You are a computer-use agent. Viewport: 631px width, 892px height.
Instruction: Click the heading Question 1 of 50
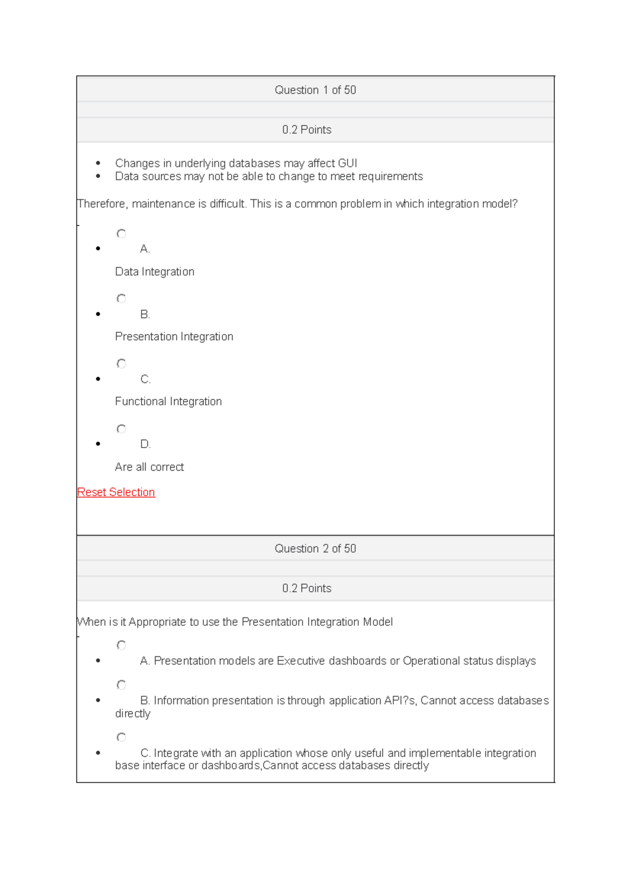pyautogui.click(x=315, y=90)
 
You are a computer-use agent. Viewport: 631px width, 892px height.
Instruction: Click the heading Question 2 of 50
pyautogui.click(x=315, y=549)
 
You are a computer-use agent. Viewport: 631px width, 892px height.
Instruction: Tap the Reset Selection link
pyautogui.click(x=116, y=492)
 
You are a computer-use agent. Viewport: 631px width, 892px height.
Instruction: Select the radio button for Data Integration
pyautogui.click(x=121, y=234)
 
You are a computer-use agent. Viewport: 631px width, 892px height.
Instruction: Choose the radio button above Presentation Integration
pyautogui.click(x=121, y=299)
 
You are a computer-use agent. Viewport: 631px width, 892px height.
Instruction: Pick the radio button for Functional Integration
pyautogui.click(x=121, y=363)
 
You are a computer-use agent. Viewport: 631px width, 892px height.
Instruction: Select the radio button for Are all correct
pyautogui.click(x=121, y=429)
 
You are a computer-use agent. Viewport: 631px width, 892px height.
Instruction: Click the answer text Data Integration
pyautogui.click(x=155, y=272)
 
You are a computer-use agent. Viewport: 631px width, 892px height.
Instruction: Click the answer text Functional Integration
pyautogui.click(x=168, y=402)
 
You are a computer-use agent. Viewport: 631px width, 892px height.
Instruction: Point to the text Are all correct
pyautogui.click(x=149, y=467)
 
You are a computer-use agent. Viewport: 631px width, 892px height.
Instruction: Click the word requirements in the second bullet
pyautogui.click(x=391, y=177)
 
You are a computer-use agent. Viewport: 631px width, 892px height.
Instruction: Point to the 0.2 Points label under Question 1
pyautogui.click(x=307, y=130)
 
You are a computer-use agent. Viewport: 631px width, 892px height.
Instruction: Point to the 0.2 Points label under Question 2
pyautogui.click(x=307, y=589)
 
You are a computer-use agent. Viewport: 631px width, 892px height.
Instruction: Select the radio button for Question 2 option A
pyautogui.click(x=121, y=645)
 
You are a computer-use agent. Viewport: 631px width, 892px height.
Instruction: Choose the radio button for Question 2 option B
pyautogui.click(x=121, y=685)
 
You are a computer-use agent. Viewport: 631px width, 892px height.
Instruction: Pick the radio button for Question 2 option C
pyautogui.click(x=121, y=737)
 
